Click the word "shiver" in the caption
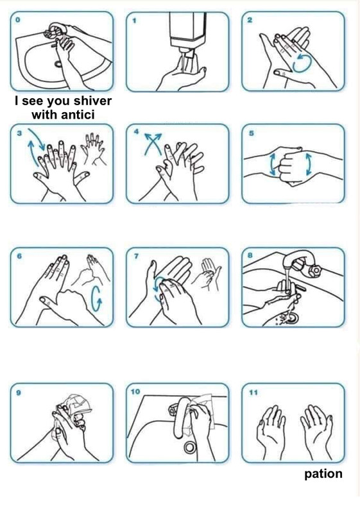(92, 101)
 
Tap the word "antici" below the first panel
(77, 115)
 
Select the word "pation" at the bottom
(323, 474)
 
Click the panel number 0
(18, 20)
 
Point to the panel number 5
(251, 133)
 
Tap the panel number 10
(135, 391)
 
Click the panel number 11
(253, 392)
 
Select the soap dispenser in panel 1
(187, 31)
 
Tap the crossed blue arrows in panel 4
(153, 143)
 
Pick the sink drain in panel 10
(190, 446)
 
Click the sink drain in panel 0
(58, 63)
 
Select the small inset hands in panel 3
(94, 149)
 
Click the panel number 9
(19, 392)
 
